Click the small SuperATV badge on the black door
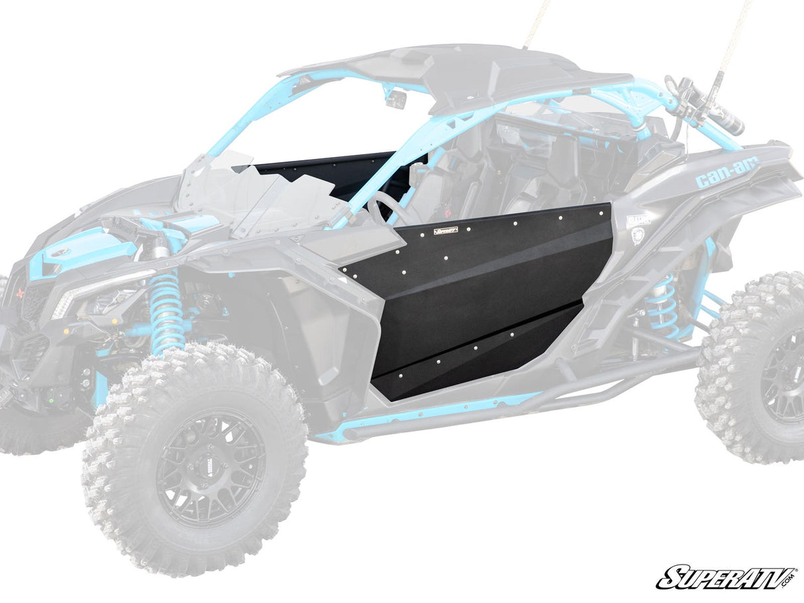[445, 232]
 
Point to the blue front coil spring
[165, 310]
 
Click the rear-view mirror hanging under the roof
[397, 99]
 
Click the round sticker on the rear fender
[639, 235]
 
